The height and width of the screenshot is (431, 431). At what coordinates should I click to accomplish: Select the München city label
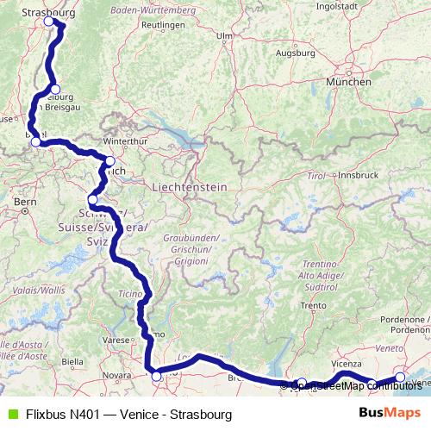click(x=348, y=82)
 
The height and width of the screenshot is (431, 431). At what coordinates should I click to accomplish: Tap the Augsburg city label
click(x=293, y=52)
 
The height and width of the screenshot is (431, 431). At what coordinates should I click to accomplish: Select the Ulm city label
click(x=225, y=36)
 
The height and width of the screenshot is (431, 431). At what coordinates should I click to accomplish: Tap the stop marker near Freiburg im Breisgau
click(x=54, y=90)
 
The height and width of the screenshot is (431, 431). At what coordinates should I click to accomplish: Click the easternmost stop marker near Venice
click(x=400, y=377)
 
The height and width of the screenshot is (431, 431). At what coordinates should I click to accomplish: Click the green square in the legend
click(x=11, y=415)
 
